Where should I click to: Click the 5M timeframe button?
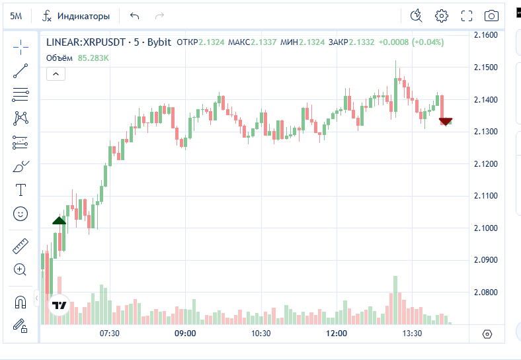click(x=16, y=16)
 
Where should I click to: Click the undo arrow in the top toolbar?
click(x=135, y=16)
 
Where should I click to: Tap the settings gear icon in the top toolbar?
click(x=442, y=16)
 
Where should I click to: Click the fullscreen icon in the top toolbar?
click(x=467, y=16)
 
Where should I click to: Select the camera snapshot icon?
click(x=491, y=16)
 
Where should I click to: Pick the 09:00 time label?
click(x=185, y=334)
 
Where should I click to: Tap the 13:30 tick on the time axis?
click(x=412, y=334)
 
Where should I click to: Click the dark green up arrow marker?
click(x=59, y=221)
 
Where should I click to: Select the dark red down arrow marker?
click(x=446, y=122)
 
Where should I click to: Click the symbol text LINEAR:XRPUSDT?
click(x=86, y=42)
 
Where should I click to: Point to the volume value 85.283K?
click(x=93, y=58)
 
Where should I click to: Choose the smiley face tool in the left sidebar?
click(x=20, y=214)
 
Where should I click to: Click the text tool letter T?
click(x=20, y=190)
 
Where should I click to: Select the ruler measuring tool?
click(x=20, y=247)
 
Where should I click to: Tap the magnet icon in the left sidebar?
click(x=20, y=302)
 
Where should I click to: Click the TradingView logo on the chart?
click(x=60, y=305)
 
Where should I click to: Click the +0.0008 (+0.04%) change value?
click(x=411, y=42)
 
